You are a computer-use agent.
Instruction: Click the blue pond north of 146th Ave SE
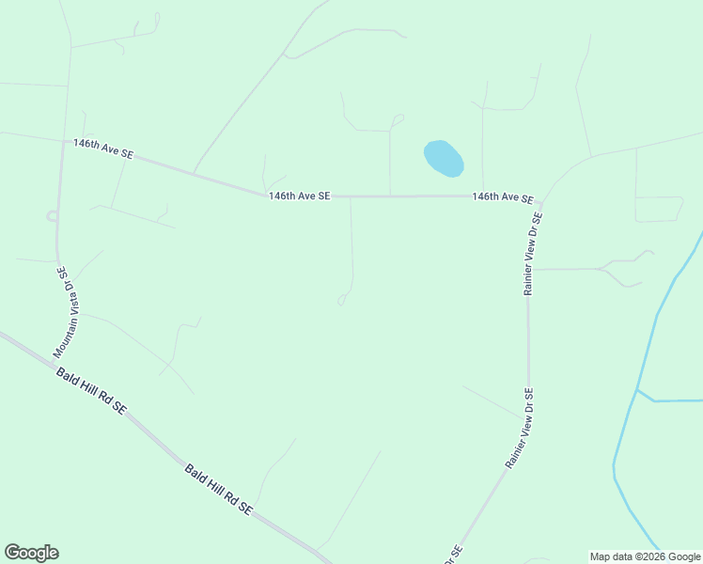point(444,158)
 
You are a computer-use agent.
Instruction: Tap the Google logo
point(31,553)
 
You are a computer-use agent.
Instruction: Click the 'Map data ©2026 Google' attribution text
point(646,556)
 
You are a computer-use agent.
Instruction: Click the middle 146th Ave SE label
point(299,196)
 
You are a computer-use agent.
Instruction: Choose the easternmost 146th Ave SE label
point(503,197)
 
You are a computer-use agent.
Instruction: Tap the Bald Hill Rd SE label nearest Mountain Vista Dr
point(91,391)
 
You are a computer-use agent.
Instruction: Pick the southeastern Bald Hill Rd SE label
point(218,489)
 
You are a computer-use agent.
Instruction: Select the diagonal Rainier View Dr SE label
point(520,429)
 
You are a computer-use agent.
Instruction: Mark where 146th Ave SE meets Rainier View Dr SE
point(541,200)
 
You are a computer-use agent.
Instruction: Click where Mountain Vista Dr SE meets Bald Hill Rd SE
point(54,360)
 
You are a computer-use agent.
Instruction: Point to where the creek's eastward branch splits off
point(638,389)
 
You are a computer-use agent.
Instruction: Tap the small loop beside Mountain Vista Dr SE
point(52,216)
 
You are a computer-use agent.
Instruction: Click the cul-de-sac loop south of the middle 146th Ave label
point(342,300)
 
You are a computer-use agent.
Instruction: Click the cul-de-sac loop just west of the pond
point(398,119)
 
